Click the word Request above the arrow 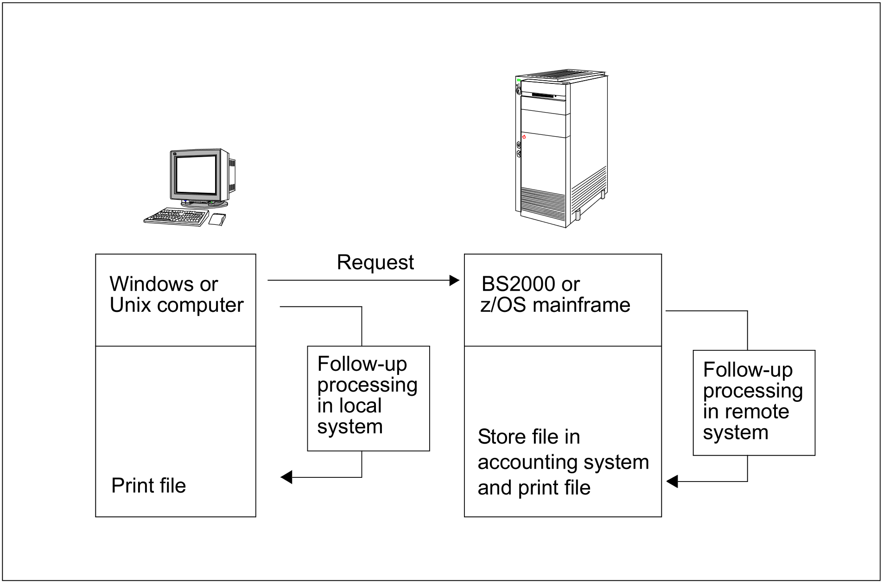[375, 262]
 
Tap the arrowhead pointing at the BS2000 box [454, 280]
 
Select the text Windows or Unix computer [176, 294]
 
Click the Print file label [148, 486]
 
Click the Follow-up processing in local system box [368, 398]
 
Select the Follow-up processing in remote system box [754, 402]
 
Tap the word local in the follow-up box [358, 406]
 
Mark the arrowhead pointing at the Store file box [672, 482]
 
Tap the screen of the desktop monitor [196, 174]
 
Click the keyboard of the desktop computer [176, 217]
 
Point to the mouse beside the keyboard [217, 219]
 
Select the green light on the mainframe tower [519, 80]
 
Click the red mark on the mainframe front [524, 137]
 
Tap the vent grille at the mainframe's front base [543, 199]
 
